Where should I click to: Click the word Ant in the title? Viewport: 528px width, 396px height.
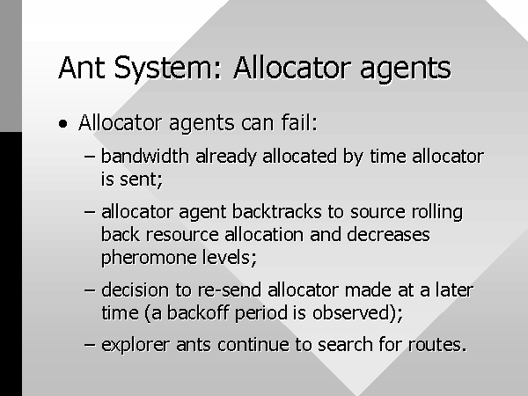(81, 68)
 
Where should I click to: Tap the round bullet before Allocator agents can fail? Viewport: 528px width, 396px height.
(62, 123)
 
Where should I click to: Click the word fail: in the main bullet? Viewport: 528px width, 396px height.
(299, 122)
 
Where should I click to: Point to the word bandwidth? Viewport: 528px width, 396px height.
(145, 157)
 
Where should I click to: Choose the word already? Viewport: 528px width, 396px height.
(226, 158)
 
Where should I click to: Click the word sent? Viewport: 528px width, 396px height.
(142, 180)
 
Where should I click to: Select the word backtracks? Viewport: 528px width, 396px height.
(277, 212)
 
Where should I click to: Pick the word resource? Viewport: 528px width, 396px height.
(182, 235)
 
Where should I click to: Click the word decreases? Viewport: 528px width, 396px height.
(388, 234)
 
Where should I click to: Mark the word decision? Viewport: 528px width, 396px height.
(135, 290)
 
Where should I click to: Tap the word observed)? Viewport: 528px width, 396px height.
(357, 312)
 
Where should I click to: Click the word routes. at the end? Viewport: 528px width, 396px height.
(437, 345)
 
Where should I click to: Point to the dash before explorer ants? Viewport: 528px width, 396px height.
(89, 345)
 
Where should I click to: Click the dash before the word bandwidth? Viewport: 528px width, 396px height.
(89, 157)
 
